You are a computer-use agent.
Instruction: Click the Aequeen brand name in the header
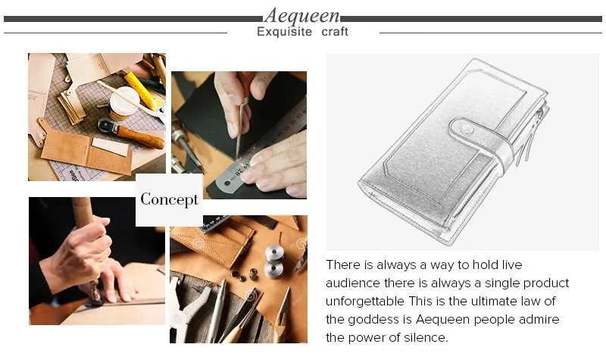(302, 15)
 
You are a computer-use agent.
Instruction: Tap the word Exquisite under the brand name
(285, 32)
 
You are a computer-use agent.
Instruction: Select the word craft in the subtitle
(334, 32)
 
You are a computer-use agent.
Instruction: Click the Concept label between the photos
(169, 200)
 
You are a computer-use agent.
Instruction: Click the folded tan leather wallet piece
(83, 152)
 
